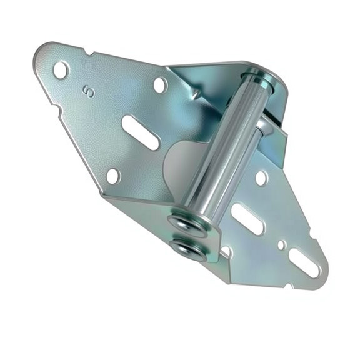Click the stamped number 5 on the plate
pos(89,92)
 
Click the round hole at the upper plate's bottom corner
pos(112,176)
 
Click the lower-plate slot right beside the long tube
pos(247,219)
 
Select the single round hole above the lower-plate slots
pos(261,177)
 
